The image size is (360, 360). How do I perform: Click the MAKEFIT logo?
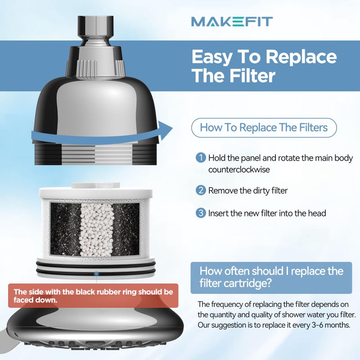(x=231, y=21)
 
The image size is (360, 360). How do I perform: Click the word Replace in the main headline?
(x=301, y=57)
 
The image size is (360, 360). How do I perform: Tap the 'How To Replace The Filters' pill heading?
(x=264, y=128)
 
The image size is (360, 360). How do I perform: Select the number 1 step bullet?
(x=201, y=158)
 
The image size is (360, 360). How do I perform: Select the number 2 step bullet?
(x=201, y=190)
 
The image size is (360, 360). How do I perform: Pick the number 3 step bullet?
(x=201, y=213)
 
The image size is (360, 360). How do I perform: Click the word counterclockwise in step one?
(x=239, y=170)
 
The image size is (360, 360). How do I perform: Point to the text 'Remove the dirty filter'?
(x=247, y=190)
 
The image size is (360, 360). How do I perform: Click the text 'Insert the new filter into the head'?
(x=267, y=213)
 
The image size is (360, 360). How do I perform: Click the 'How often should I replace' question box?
(x=271, y=277)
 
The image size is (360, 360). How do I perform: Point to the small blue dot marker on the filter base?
(x=96, y=273)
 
